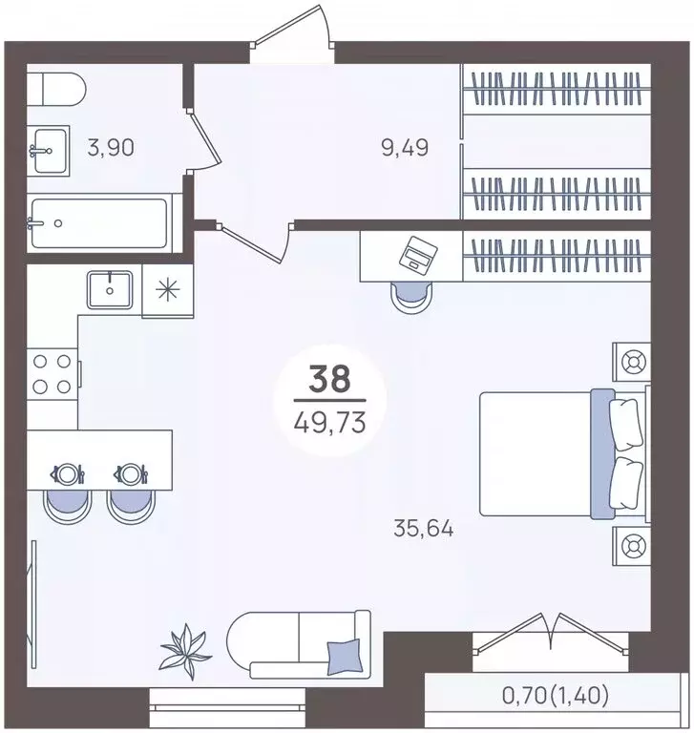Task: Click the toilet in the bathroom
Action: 55,90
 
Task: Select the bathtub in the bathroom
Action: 99,223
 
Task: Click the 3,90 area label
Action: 111,148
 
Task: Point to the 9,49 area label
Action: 405,148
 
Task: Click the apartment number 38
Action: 329,379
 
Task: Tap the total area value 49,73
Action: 329,424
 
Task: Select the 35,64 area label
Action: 424,529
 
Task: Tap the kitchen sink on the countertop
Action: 110,290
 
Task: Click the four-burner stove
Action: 52,373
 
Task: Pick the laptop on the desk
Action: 418,253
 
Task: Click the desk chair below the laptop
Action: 411,297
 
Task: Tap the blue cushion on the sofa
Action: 345,658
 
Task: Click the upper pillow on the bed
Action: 626,425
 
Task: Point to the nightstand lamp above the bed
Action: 632,362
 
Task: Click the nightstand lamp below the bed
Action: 632,546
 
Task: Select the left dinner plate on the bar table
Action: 68,474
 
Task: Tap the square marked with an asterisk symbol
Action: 167,290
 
